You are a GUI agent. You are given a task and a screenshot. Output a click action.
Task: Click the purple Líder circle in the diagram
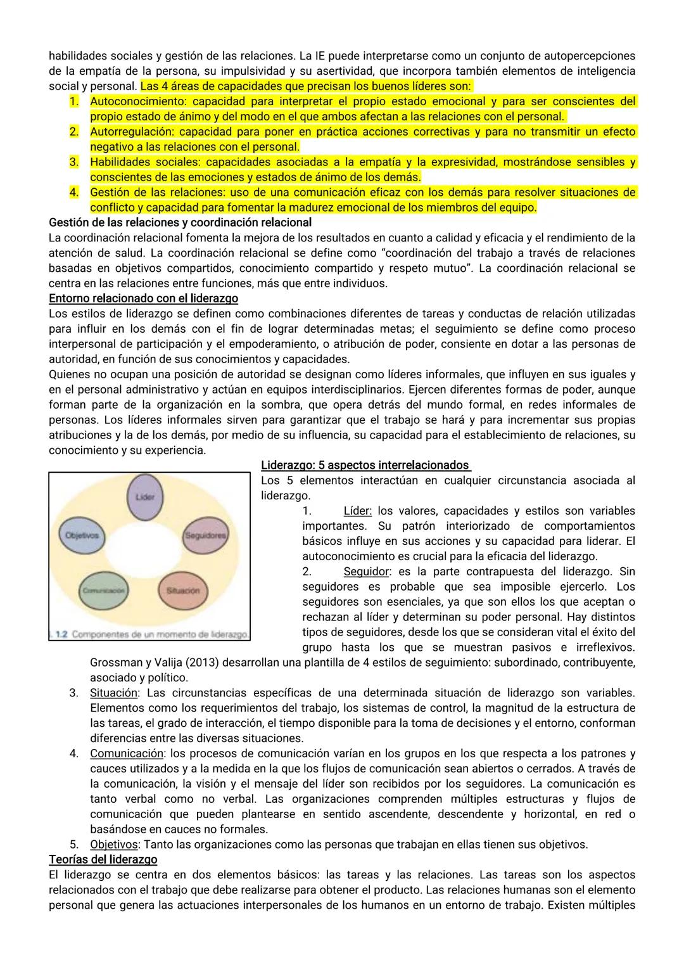(x=145, y=497)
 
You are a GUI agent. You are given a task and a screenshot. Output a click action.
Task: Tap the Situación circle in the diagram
(x=182, y=590)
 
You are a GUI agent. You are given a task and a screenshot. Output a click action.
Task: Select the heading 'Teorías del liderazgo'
(x=103, y=859)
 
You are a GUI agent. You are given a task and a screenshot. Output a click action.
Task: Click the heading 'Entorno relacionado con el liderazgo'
(x=143, y=298)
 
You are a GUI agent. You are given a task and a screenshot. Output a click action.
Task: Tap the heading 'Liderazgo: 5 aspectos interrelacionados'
(x=365, y=465)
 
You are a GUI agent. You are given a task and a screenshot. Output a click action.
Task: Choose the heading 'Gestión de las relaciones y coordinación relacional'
(x=180, y=222)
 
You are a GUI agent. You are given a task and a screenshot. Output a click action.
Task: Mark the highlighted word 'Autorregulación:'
(x=131, y=132)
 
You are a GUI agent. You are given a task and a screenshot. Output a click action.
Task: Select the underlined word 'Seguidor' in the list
(x=365, y=572)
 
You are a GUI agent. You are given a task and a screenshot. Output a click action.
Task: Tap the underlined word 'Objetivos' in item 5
(x=114, y=844)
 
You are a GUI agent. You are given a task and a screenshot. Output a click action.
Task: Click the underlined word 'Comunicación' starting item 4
(x=126, y=753)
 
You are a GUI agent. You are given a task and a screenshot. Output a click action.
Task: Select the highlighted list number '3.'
(x=73, y=162)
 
